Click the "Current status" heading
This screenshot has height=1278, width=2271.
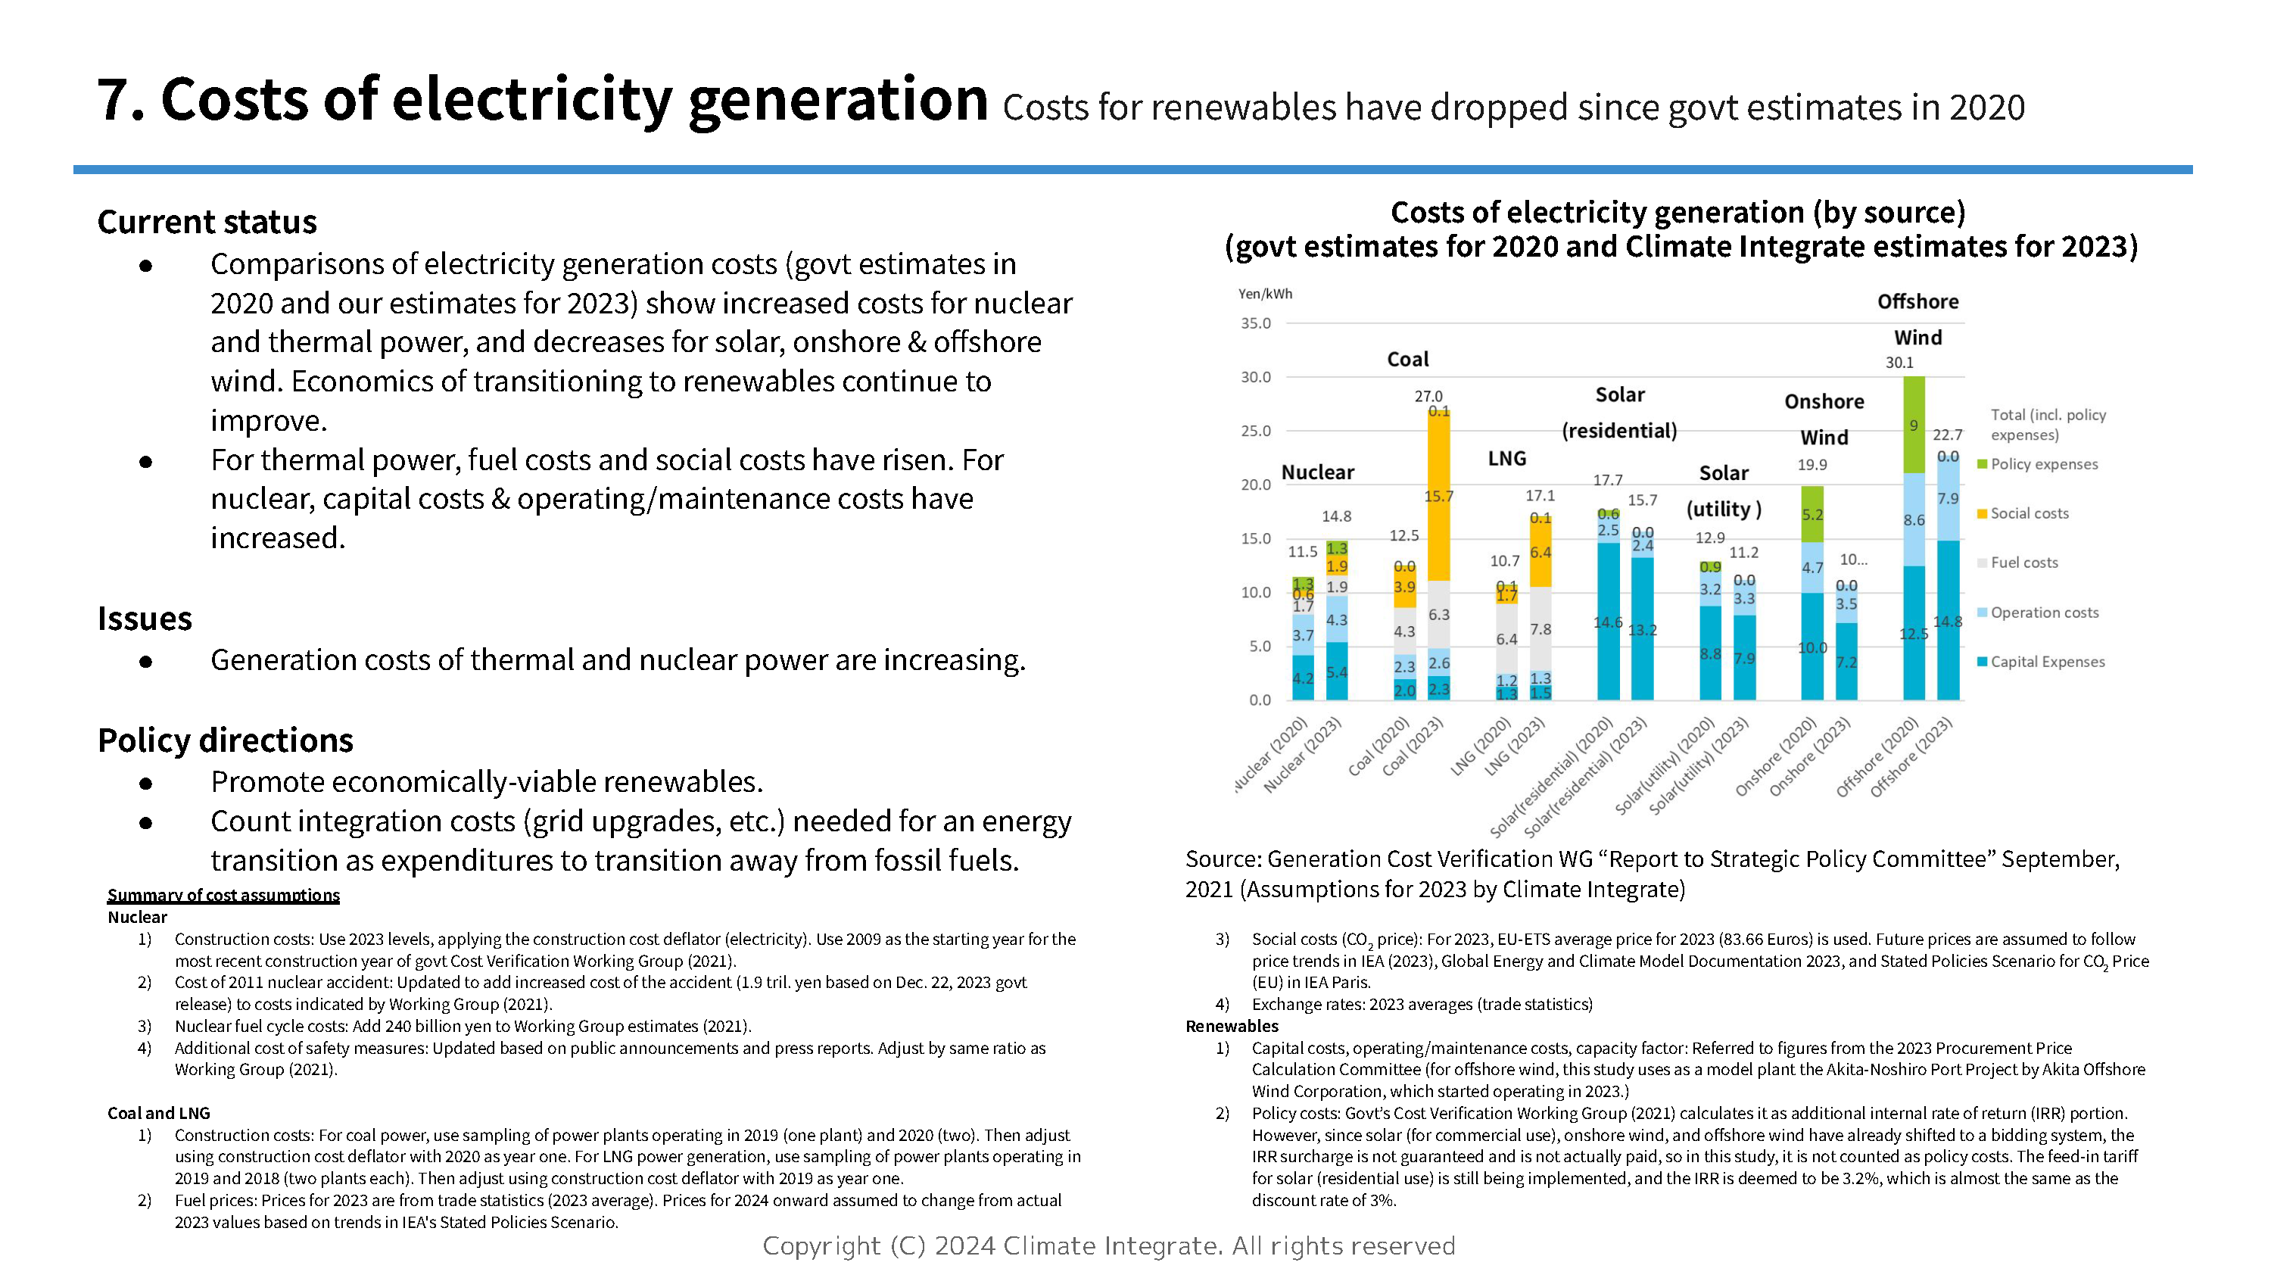coord(207,221)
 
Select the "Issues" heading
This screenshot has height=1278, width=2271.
coord(145,619)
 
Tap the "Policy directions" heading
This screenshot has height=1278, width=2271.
coord(225,740)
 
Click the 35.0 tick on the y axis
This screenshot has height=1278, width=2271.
coord(1255,324)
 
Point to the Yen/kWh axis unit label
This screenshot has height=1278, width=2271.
coord(1264,294)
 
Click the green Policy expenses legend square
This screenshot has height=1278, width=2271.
coord(1982,464)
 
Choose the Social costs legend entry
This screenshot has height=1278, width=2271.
coord(2029,513)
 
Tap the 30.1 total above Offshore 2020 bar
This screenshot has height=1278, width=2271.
coord(1899,363)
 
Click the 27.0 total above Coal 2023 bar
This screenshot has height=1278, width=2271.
coord(1428,396)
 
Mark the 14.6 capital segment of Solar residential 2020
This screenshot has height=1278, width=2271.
coord(1608,622)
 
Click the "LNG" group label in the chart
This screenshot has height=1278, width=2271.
coord(1506,459)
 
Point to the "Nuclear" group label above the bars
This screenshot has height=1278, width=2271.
coord(1317,472)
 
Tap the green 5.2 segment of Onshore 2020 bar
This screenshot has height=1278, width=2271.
coord(1812,514)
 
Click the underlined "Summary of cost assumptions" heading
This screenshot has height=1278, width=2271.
coord(223,895)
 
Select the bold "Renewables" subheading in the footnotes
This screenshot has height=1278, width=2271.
coord(1232,1026)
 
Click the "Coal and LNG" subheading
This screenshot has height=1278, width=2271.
coord(159,1113)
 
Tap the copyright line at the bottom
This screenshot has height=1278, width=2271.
coord(1108,1245)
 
